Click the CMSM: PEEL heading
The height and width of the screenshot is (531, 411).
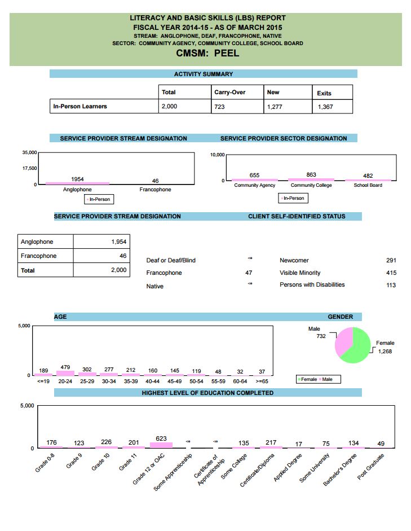(x=207, y=54)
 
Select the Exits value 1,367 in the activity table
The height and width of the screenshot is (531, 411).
(x=325, y=107)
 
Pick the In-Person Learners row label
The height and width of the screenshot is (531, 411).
(x=79, y=106)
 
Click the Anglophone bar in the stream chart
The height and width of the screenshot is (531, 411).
(x=77, y=183)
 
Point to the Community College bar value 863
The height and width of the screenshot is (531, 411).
(x=311, y=175)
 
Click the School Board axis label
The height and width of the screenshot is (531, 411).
(x=368, y=185)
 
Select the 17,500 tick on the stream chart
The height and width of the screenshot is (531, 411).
(x=29, y=168)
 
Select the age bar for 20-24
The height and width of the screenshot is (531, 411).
(x=65, y=373)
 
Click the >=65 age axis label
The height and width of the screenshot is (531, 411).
(x=262, y=381)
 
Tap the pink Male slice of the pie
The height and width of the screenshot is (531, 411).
(x=343, y=342)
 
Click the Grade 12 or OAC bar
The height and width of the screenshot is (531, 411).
(x=161, y=445)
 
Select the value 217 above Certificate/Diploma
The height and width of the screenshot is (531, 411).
(x=271, y=442)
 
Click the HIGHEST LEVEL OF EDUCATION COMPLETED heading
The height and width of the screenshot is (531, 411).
(x=207, y=393)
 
